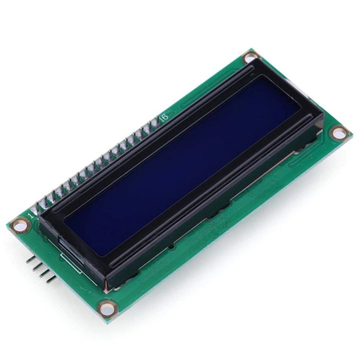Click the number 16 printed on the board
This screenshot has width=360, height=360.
163,116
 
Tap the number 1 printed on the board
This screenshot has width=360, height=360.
31,216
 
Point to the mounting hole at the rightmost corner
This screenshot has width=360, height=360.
339,133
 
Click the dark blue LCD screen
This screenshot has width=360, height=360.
190,165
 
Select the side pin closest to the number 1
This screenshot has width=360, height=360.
30,259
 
